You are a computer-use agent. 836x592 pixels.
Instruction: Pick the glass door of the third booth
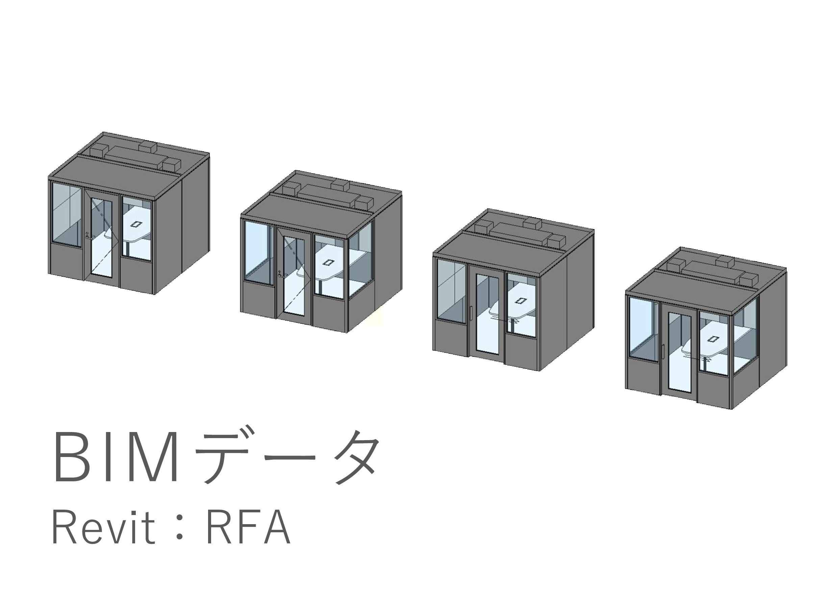point(487,314)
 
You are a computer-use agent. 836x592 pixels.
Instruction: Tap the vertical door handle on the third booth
point(472,313)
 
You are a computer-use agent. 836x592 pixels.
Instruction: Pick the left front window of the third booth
point(452,291)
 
